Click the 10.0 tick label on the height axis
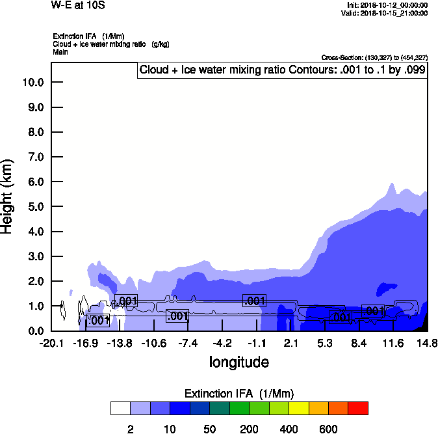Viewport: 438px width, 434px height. (32, 83)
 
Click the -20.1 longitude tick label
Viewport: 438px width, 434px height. (51, 343)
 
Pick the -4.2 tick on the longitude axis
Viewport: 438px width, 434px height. (222, 343)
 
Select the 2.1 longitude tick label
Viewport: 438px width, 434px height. (290, 343)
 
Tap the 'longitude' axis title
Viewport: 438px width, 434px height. (238, 362)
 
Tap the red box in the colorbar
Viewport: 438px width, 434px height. (357, 409)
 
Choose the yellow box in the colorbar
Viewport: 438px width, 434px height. (298, 409)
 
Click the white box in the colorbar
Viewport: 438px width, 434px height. (120, 409)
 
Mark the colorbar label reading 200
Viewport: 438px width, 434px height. (248, 429)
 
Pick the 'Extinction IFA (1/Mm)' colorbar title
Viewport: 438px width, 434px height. (238, 394)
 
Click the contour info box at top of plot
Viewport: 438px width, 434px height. (282, 70)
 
